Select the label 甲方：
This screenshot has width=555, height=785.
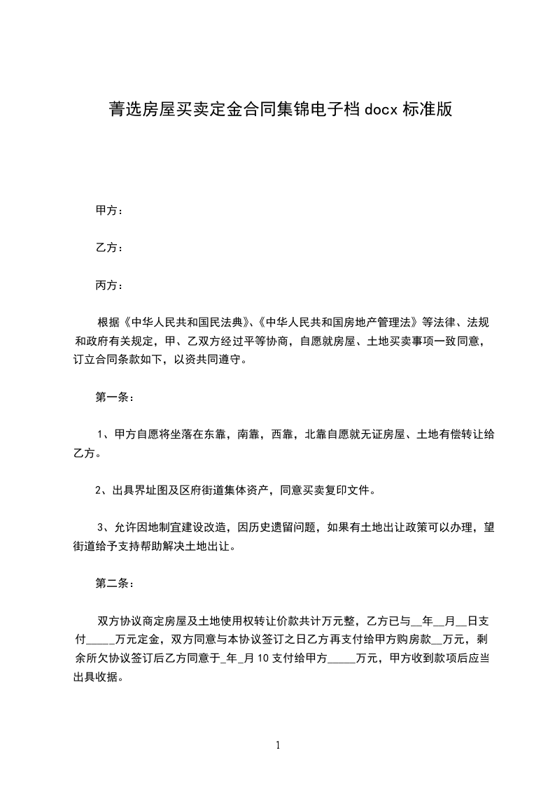click(110, 210)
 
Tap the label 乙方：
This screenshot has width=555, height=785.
click(110, 248)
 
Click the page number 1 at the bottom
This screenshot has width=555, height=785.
click(278, 745)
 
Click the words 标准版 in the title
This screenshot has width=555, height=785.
click(428, 109)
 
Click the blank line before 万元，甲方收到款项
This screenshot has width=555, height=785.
click(342, 658)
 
